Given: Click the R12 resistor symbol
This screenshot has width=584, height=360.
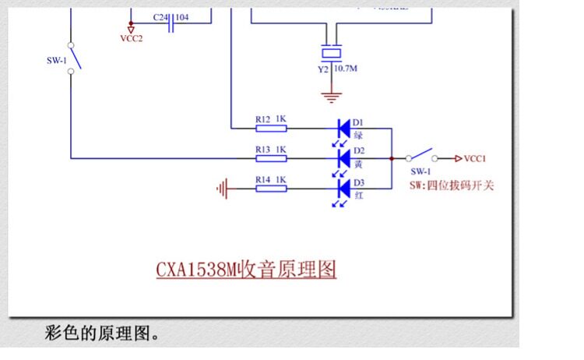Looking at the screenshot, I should click(270, 128).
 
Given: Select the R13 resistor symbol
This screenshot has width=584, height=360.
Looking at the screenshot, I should click(270, 158).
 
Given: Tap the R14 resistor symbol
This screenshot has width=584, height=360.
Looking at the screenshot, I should click(270, 188).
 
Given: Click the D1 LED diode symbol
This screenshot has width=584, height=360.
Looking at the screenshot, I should click(343, 128).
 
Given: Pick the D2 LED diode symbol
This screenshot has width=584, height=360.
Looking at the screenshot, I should click(343, 158).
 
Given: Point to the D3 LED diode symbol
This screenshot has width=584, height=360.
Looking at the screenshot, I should click(343, 188).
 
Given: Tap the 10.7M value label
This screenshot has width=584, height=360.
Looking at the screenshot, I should click(347, 69).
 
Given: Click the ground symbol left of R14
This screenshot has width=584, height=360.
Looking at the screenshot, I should click(223, 188).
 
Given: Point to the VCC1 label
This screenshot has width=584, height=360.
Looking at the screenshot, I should click(475, 158).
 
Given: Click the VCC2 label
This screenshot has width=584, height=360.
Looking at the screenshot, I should click(131, 37).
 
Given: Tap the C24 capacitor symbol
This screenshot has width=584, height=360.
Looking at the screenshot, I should click(171, 25).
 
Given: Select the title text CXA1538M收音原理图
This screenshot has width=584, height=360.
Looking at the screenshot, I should click(246, 270).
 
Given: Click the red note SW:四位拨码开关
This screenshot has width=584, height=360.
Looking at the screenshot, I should click(452, 185).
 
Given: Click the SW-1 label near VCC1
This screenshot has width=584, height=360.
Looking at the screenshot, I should click(420, 171).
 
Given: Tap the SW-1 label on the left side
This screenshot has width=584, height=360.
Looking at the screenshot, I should click(56, 59).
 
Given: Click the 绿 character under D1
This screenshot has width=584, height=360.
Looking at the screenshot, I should click(359, 135).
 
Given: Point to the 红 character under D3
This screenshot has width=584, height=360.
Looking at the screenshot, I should click(359, 195).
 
